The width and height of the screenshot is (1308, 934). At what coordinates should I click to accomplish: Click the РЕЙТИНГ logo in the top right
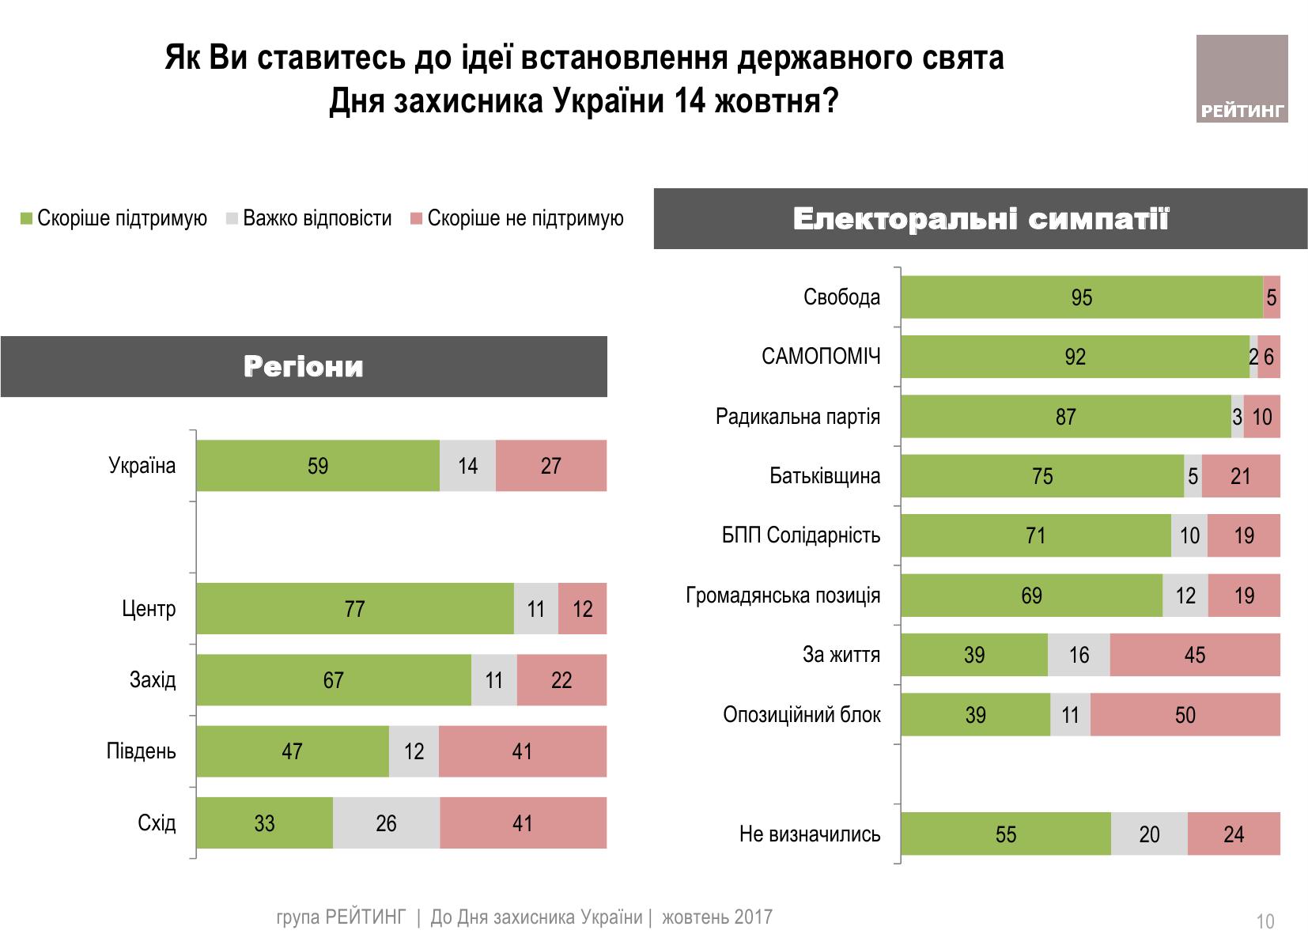coord(1242,79)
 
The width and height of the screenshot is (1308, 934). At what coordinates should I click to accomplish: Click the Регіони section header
coord(304,367)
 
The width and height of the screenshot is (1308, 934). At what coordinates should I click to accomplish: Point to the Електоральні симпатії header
coord(981,219)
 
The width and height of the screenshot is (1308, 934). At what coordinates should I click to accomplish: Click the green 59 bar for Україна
coord(318,466)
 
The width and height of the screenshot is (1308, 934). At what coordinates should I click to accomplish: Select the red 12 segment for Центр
coord(582,609)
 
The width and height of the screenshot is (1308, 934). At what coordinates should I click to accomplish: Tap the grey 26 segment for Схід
coord(386,823)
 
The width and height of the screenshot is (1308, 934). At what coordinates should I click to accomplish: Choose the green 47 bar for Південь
coord(293,751)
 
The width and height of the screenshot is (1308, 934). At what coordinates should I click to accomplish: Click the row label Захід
coord(153,680)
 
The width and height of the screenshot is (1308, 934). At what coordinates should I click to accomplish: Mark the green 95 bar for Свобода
coord(1081,297)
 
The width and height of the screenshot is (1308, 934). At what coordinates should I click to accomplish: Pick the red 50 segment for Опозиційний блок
coord(1185,715)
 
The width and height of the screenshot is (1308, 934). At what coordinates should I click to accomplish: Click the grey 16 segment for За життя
coord(1079,655)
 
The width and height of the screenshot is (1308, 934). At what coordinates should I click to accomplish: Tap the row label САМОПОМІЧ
coord(821,357)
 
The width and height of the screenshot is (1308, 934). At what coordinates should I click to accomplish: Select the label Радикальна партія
coord(798,417)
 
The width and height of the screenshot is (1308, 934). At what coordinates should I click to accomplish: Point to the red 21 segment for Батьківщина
coord(1240,476)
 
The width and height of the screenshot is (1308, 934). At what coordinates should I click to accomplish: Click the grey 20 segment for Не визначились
coord(1149,834)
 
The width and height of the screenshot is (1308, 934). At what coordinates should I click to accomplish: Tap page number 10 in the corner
coord(1265,922)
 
